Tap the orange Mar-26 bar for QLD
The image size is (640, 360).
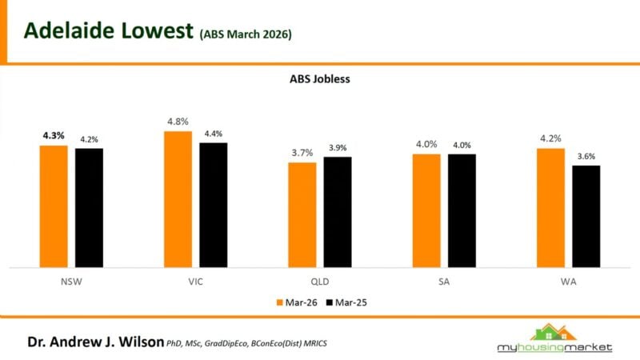coord(302,214)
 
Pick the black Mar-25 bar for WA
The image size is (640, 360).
coord(586,216)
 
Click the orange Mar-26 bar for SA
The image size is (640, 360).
coord(426,210)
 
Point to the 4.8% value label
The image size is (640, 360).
coord(178,122)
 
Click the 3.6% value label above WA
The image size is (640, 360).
coord(586,157)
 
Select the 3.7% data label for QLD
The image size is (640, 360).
coord(302,153)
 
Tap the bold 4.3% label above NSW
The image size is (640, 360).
coord(54,135)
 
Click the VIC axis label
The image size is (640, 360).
coord(196,282)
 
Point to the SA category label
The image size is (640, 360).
coord(444,282)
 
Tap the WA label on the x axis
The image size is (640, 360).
coord(568,282)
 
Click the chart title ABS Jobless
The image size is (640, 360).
coord(320,79)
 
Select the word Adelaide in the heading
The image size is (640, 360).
coord(69,31)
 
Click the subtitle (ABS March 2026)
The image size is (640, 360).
coord(246,34)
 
